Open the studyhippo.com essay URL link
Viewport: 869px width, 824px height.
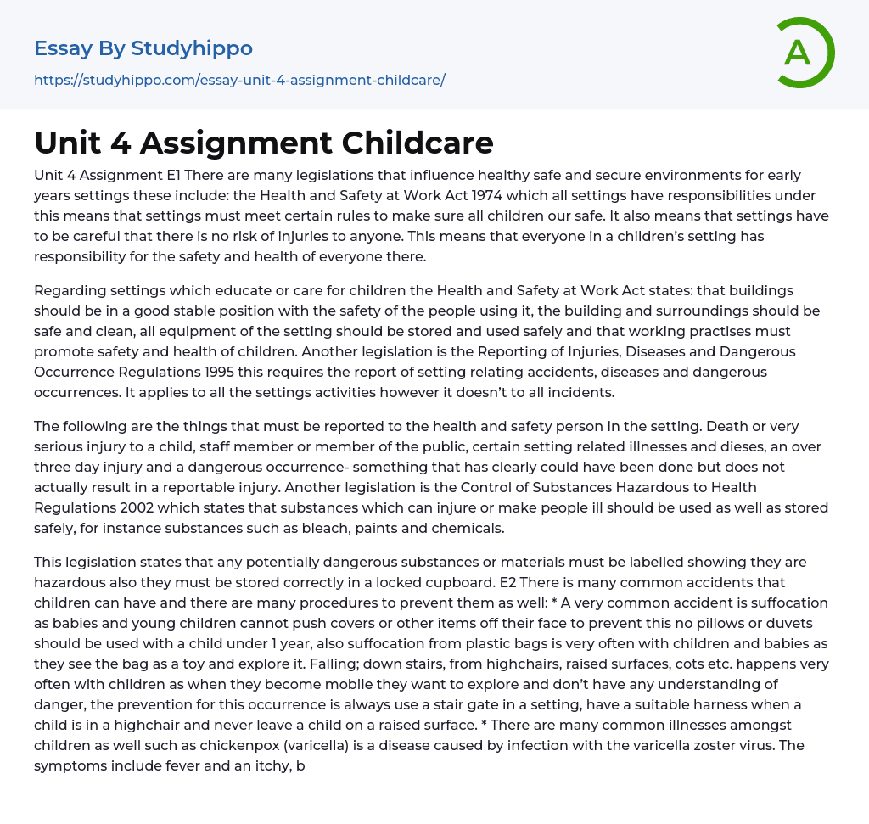(239, 80)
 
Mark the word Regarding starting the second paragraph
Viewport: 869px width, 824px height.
(71, 290)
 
